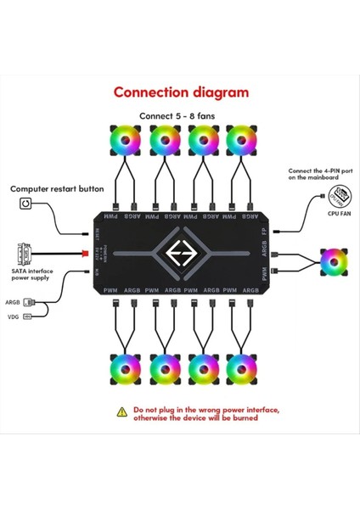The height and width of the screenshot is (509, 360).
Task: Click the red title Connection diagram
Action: (181, 92)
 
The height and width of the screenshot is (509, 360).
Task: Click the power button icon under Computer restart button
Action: (27, 204)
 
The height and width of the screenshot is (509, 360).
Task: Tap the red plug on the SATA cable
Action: (84, 252)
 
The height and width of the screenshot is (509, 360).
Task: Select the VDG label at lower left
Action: (13, 316)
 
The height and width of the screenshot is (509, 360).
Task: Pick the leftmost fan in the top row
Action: (125, 142)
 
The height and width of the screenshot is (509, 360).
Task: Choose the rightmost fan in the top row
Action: (241, 142)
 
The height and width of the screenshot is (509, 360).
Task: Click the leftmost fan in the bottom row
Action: (125, 369)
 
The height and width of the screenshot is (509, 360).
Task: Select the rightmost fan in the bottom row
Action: (241, 369)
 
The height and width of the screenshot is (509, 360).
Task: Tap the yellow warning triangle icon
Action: (122, 411)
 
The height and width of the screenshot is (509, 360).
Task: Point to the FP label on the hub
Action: (264, 229)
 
